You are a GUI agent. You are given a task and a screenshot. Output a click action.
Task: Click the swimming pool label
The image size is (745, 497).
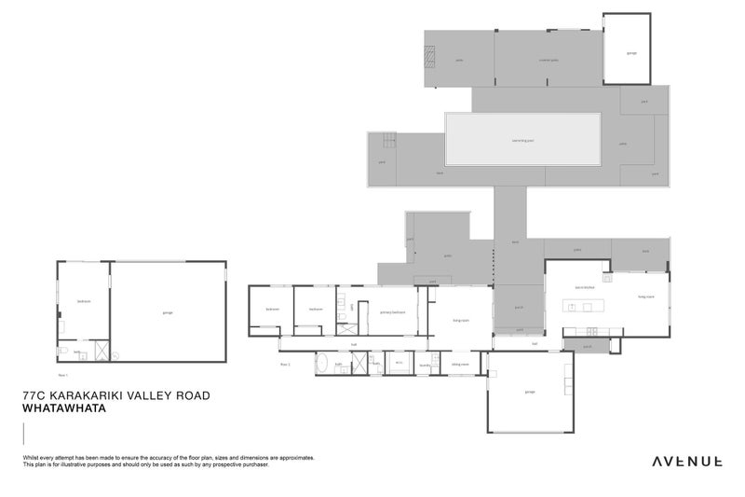click(x=522, y=141)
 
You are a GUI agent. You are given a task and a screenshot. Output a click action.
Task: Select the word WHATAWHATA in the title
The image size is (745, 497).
click(x=66, y=408)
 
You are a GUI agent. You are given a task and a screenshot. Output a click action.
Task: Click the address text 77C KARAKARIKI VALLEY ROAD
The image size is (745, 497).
click(x=115, y=395)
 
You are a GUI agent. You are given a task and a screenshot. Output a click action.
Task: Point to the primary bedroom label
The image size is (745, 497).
click(x=392, y=312)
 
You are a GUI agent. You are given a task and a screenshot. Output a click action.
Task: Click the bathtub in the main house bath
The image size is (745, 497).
click(x=322, y=365)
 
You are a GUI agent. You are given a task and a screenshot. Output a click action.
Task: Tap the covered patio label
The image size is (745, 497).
click(x=549, y=60)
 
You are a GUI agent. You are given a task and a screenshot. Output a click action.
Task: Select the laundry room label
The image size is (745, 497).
click(x=426, y=365)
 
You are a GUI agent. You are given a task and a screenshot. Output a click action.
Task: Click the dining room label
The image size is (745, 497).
click(x=459, y=365)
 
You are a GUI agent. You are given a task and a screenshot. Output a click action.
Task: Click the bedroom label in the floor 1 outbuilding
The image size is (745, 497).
click(x=83, y=301)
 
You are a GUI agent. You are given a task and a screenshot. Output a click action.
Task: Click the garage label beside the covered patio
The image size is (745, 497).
click(x=631, y=53)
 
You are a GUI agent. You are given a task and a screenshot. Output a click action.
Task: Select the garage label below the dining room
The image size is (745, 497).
click(x=529, y=392)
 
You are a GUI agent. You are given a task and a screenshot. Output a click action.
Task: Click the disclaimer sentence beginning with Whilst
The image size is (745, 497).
click(x=169, y=458)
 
